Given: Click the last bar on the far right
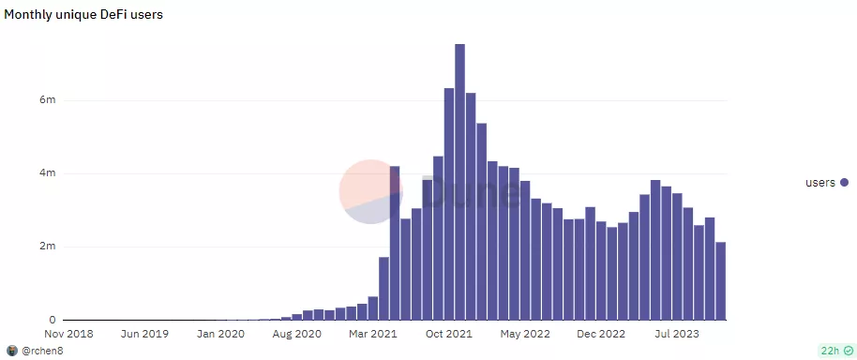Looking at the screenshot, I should point(720,280).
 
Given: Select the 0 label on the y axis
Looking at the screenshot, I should point(53,320).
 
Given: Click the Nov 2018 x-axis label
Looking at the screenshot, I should point(69,333).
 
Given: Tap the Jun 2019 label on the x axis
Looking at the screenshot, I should point(146,333).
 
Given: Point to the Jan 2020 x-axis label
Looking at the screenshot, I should point(222,333).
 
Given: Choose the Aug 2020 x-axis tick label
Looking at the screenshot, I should point(297,333).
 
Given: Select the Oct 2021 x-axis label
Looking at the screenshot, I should point(449,333).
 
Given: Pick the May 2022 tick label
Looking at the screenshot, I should point(526,333).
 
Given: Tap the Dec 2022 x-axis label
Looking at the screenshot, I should point(601,333).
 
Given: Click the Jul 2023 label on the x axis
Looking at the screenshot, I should point(677,333).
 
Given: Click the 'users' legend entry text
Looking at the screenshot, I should point(820,183).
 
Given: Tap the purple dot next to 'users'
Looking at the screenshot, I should point(844,183).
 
